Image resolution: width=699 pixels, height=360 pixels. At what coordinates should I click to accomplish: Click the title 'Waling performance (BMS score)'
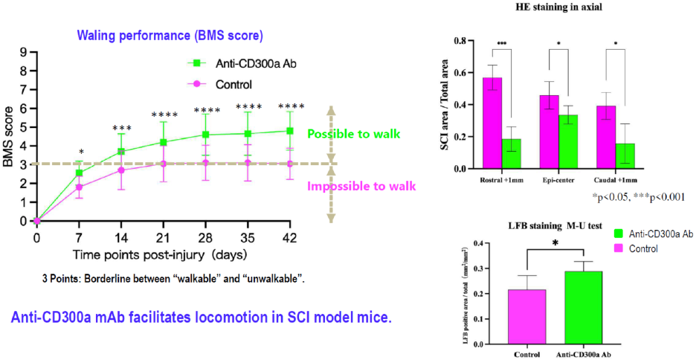[172, 35]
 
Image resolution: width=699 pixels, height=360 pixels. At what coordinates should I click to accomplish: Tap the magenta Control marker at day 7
[80, 187]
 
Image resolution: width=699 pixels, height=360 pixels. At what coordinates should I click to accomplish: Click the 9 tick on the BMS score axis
[24, 52]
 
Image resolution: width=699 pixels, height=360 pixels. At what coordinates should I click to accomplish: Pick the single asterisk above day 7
[80, 152]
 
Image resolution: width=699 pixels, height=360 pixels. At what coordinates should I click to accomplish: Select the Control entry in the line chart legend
[233, 84]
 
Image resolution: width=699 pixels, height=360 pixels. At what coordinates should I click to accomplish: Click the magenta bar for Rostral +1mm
[492, 123]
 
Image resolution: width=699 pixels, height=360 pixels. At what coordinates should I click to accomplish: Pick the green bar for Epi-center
[568, 141]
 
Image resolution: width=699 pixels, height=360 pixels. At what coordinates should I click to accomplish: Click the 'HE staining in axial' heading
[561, 7]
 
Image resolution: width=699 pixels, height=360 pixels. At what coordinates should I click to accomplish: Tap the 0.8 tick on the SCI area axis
[461, 41]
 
